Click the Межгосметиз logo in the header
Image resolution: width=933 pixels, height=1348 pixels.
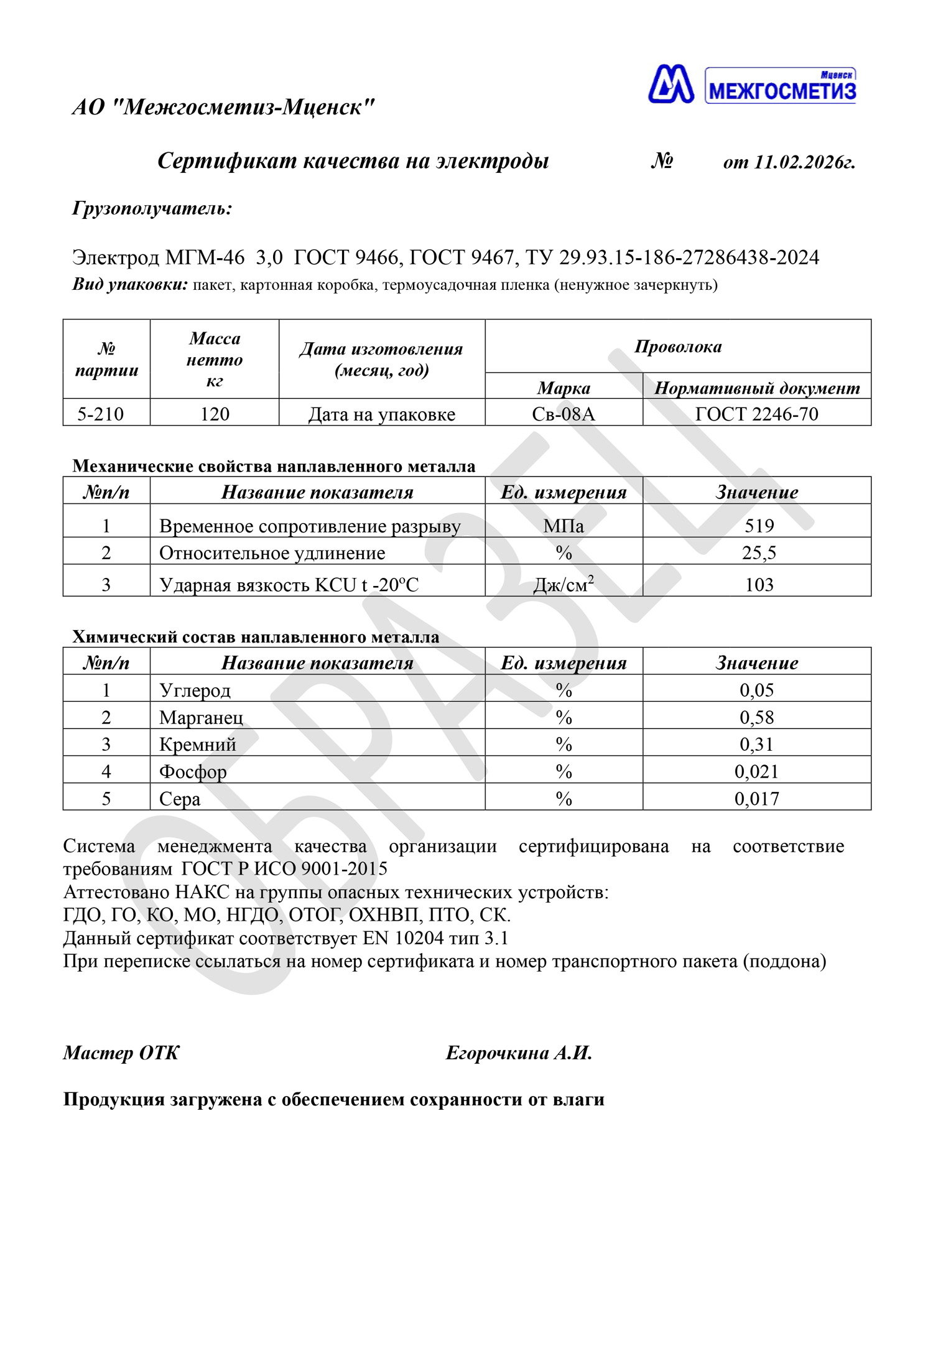[x=751, y=85]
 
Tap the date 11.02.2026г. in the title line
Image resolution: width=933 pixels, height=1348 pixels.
[x=804, y=162]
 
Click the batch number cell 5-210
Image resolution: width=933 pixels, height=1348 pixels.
[x=101, y=414]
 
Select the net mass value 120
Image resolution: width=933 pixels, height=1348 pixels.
[x=215, y=414]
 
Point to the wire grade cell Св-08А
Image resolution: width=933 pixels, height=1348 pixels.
[x=564, y=414]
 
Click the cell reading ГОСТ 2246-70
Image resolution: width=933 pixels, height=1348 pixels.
[x=756, y=414]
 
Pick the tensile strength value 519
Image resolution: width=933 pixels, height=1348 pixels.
[x=759, y=526]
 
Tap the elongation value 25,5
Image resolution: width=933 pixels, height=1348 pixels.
[x=759, y=552]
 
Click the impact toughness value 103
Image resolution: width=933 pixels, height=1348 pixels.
[x=759, y=585]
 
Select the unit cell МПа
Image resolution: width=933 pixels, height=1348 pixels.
[x=564, y=526]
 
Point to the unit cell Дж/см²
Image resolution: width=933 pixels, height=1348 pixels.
[x=564, y=585]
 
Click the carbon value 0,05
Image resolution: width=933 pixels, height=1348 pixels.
[x=757, y=690]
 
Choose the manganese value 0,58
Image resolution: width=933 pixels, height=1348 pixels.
[x=757, y=717]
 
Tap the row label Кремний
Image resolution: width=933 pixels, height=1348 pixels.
[x=198, y=745]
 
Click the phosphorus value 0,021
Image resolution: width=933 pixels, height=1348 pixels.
[x=757, y=771]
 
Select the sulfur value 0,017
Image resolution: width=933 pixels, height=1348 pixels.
[x=757, y=799]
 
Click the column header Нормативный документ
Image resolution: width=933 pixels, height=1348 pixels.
[x=757, y=388]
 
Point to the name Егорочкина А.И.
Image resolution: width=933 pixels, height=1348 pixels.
[x=519, y=1053]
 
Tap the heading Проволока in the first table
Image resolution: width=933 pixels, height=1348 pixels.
[x=678, y=346]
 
